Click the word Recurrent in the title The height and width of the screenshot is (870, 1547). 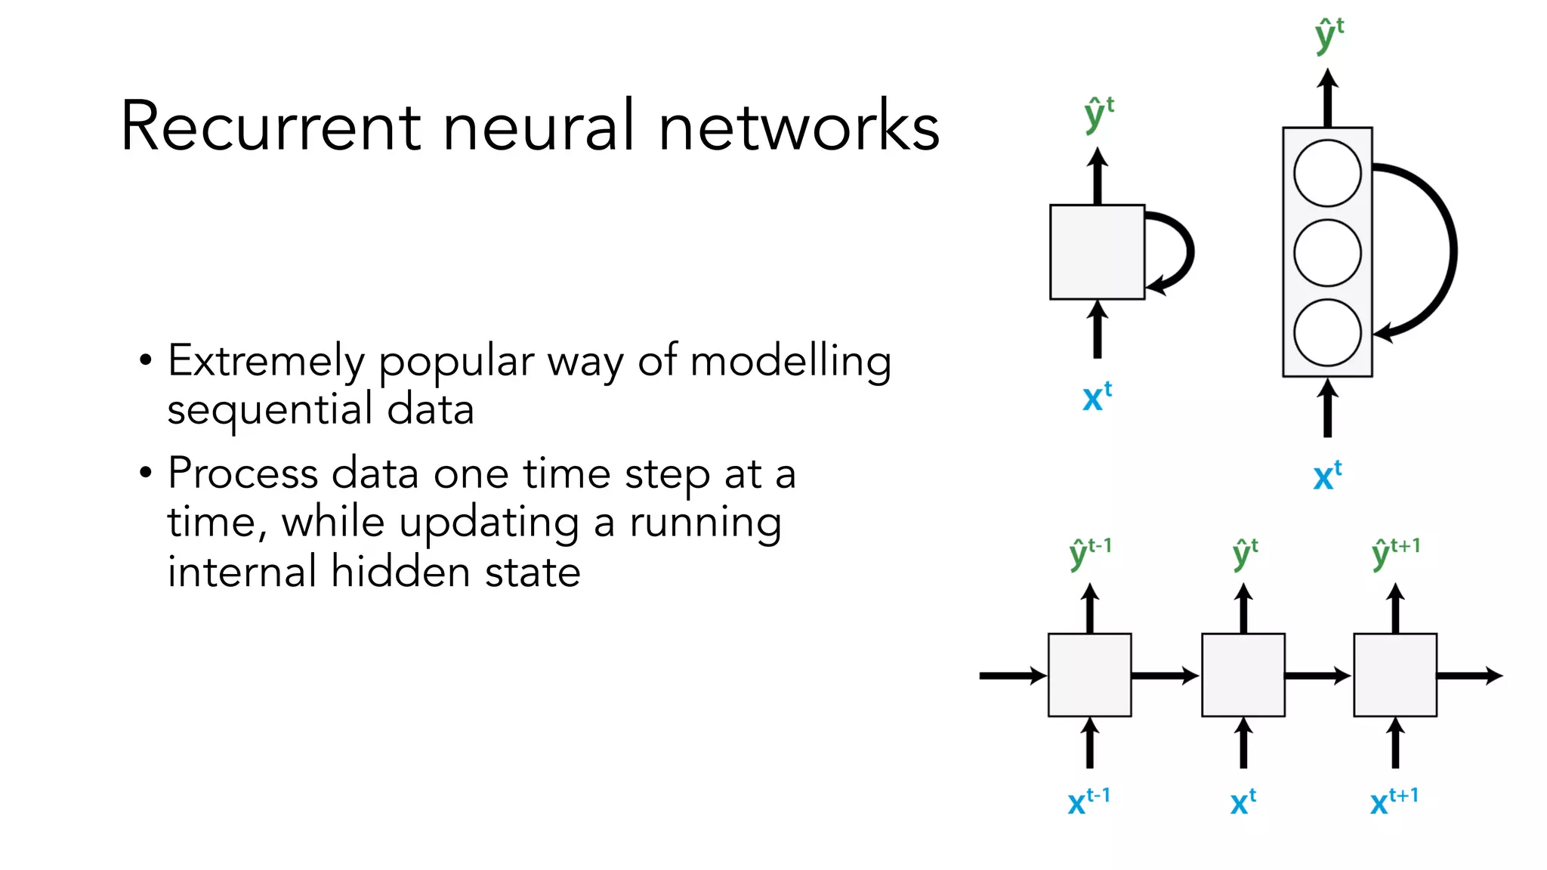(270, 126)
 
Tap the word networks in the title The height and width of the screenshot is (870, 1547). (798, 126)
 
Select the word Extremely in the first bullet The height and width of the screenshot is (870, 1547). (266, 362)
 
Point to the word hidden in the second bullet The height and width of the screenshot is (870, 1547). (400, 572)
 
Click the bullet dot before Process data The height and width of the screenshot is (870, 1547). (146, 474)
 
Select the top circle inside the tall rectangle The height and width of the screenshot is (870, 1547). (1327, 173)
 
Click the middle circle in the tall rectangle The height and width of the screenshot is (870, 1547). (1327, 252)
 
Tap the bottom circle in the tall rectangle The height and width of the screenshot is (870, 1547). (1327, 332)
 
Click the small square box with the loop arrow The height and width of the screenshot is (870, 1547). (1097, 252)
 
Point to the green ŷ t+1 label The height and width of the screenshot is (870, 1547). (1395, 554)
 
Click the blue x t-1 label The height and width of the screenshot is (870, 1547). (1088, 801)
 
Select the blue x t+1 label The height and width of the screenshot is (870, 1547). (1394, 801)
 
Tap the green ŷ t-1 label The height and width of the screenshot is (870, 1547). (1090, 554)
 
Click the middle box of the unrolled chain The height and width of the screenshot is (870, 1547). (1243, 675)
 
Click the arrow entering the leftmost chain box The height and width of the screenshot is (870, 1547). (1012, 676)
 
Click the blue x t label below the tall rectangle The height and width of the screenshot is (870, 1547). (1327, 476)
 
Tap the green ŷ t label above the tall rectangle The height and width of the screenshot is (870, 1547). (1329, 35)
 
